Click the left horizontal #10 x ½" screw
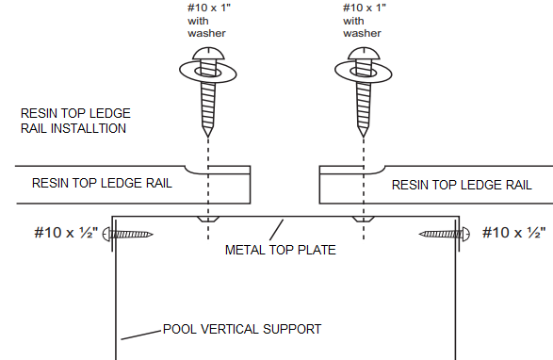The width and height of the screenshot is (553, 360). pyautogui.click(x=130, y=234)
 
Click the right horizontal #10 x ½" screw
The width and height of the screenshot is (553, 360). pyautogui.click(x=439, y=234)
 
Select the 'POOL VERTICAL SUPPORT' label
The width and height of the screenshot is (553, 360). pyautogui.click(x=242, y=329)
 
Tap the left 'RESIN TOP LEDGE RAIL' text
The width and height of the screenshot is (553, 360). pyautogui.click(x=102, y=183)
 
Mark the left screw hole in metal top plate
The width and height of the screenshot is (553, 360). pyautogui.click(x=206, y=219)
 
